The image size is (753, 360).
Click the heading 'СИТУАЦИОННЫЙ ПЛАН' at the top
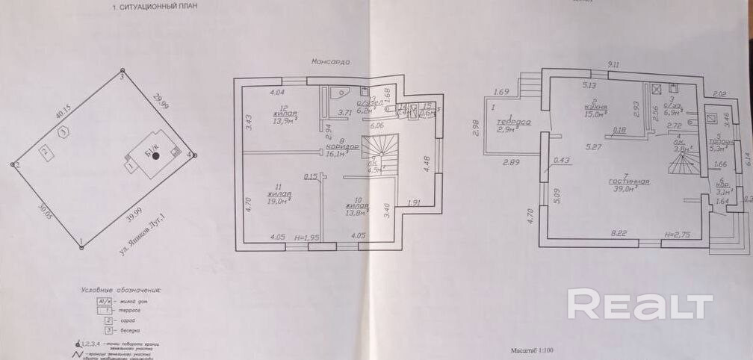click(x=159, y=7)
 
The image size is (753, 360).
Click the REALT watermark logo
click(x=640, y=305)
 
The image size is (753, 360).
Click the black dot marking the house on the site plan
click(x=155, y=155)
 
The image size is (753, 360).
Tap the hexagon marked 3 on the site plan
click(x=64, y=131)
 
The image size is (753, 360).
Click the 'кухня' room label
click(x=595, y=106)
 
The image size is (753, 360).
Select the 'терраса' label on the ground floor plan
click(x=515, y=122)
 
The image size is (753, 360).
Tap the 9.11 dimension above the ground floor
click(x=614, y=65)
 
